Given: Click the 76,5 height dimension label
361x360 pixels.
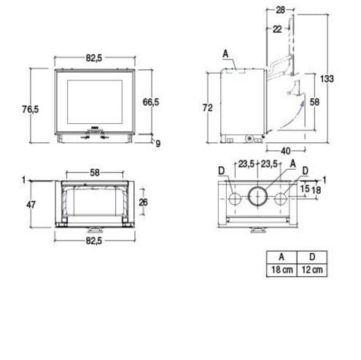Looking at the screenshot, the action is (x=31, y=109).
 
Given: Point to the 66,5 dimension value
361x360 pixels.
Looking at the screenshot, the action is (x=151, y=102).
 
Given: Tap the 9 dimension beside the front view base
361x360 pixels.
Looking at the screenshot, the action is (x=158, y=144).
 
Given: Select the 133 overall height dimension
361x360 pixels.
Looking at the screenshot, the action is (x=327, y=79).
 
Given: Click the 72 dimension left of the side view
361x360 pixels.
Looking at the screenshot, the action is (x=208, y=107).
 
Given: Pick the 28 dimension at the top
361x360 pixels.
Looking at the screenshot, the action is (x=280, y=10).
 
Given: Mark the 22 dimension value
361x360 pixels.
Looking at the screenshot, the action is (x=277, y=29).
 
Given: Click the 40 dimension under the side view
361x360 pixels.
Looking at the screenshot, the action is (x=286, y=151).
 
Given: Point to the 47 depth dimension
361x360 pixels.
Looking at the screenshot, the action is (x=31, y=205).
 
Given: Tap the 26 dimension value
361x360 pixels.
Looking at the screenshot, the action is (x=143, y=202).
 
